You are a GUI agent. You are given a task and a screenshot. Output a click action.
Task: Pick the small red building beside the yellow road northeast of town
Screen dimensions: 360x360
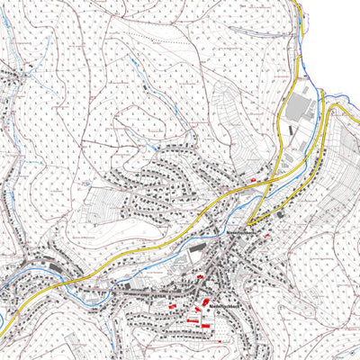pyautogui.click(x=254, y=179)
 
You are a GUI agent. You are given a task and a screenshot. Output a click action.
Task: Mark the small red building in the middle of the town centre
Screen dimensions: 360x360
pyautogui.click(x=200, y=278)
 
